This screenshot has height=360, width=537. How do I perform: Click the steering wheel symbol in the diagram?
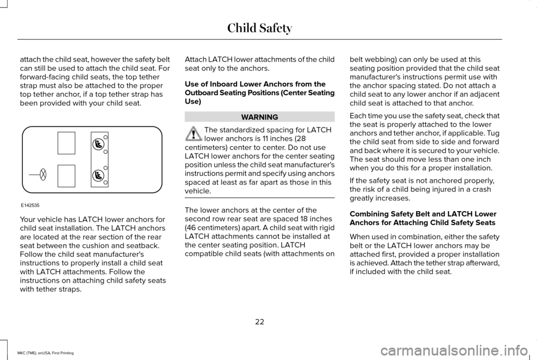point(43,175)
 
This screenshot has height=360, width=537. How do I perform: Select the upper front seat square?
point(66,143)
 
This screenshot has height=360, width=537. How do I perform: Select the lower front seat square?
point(66,176)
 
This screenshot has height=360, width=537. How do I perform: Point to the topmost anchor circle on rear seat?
point(106,137)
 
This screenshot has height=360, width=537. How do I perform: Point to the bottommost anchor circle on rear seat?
point(106,183)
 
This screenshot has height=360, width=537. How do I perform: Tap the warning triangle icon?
point(194,133)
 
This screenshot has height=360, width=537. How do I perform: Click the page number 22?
point(260,321)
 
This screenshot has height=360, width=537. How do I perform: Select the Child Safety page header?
point(259,26)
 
